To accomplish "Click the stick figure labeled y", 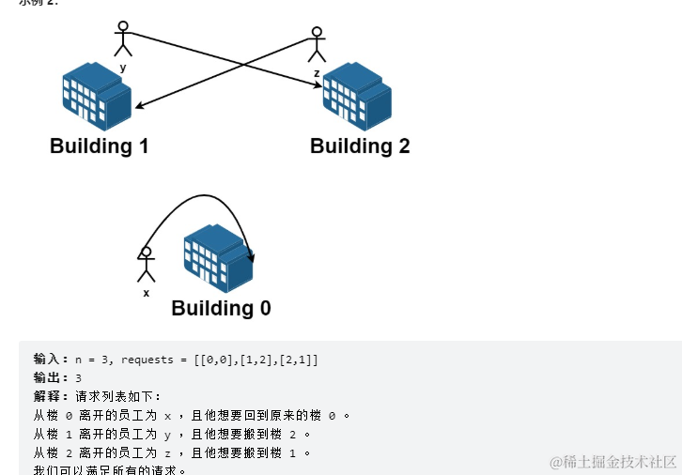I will [x=122, y=40].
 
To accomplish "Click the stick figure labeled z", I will [x=317, y=46].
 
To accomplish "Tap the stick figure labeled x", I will [x=146, y=265].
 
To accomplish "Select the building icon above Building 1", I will [x=96, y=96].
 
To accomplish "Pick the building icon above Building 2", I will [x=356, y=96].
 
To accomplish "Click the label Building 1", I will [x=99, y=146].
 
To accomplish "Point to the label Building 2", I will [x=360, y=146].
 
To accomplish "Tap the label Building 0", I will [x=221, y=309].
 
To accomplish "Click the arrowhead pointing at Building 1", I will [x=138, y=107].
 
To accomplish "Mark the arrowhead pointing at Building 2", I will [x=316, y=86].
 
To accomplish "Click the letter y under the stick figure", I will [x=123, y=68].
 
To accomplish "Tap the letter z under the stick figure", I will [x=317, y=72].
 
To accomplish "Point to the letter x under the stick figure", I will [x=146, y=293].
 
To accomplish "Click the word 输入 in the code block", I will [x=47, y=360].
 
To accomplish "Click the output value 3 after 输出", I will [x=79, y=378].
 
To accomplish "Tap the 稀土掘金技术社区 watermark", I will [x=614, y=462].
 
